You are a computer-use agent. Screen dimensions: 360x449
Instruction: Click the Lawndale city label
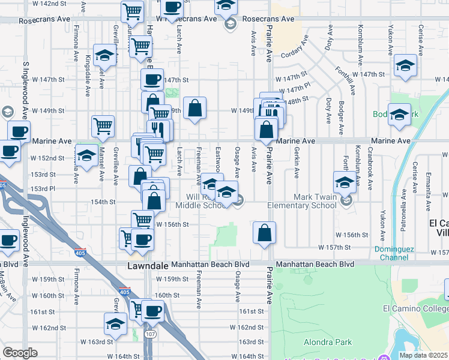(x=147, y=264)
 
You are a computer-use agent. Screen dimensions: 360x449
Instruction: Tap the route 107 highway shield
(x=149, y=334)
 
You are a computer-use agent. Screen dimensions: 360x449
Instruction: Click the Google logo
(x=20, y=353)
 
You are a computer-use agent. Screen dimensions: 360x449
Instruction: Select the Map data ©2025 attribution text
(x=423, y=355)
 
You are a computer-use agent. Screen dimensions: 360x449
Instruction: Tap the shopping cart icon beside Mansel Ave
(x=103, y=127)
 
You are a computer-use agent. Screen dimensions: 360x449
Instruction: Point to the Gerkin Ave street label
(x=297, y=165)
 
